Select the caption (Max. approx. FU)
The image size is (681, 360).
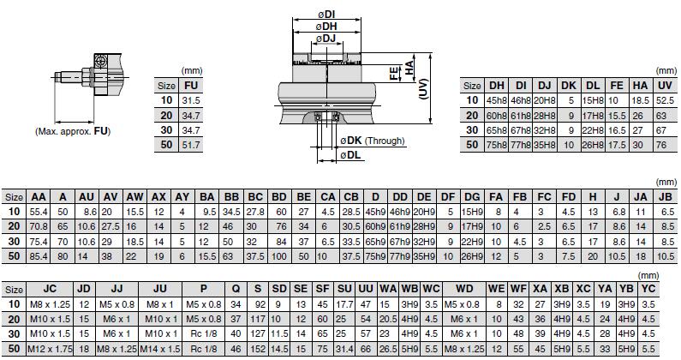tap(73, 131)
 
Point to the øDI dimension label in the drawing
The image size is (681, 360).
tap(326, 15)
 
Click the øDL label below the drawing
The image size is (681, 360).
tap(349, 155)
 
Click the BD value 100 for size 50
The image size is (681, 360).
tap(279, 255)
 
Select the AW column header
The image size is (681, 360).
tap(134, 195)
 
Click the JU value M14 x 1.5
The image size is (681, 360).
tap(161, 348)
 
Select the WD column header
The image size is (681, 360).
tap(465, 288)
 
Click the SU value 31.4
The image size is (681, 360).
tap(344, 348)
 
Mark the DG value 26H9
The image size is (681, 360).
tap(472, 255)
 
